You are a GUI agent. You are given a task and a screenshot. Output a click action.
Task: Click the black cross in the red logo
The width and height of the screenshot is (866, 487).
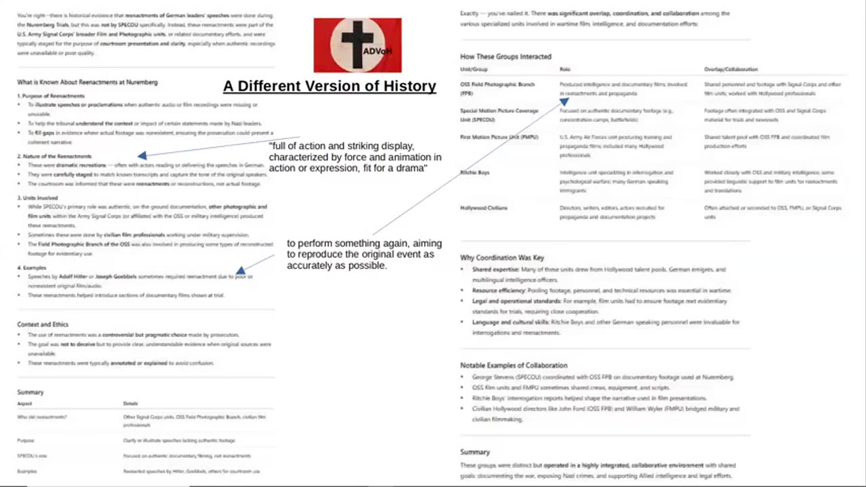[357, 43]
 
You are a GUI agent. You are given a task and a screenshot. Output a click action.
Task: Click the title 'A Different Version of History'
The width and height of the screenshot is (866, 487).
[329, 86]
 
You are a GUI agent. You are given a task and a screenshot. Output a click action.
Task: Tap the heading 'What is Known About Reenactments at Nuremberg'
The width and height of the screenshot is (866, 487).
[87, 83]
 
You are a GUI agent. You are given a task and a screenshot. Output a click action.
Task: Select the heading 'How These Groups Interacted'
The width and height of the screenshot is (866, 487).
[505, 57]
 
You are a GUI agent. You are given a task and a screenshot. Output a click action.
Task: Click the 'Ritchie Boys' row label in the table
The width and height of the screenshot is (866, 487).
[475, 172]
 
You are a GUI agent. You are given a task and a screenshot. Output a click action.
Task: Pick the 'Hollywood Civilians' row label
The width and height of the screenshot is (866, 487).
[484, 208]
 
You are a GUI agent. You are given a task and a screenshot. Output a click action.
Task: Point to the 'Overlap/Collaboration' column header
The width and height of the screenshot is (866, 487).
[731, 70]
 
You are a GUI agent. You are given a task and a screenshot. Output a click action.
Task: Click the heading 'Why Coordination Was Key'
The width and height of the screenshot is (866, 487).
[501, 258]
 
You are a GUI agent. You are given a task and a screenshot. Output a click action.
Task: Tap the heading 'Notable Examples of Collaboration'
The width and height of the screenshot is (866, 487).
[514, 365]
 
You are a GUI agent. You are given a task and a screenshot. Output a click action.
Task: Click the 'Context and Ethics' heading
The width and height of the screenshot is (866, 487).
[43, 325]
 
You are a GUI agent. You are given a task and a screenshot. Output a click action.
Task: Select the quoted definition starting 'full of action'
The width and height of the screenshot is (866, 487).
[355, 157]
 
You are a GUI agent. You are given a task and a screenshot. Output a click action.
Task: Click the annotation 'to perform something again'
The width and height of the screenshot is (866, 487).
[364, 254]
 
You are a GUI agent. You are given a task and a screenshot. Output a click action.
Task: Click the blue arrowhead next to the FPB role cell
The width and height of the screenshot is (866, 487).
[564, 101]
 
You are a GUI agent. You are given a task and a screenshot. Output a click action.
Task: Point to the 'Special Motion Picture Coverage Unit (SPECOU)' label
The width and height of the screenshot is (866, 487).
[499, 115]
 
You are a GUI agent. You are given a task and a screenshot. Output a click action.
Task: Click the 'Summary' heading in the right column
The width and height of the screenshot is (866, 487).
[474, 452]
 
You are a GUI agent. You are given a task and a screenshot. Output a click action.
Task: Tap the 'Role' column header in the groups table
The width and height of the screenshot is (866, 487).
[565, 70]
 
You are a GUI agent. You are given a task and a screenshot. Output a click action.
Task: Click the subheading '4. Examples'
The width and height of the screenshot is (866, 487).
[32, 268]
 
